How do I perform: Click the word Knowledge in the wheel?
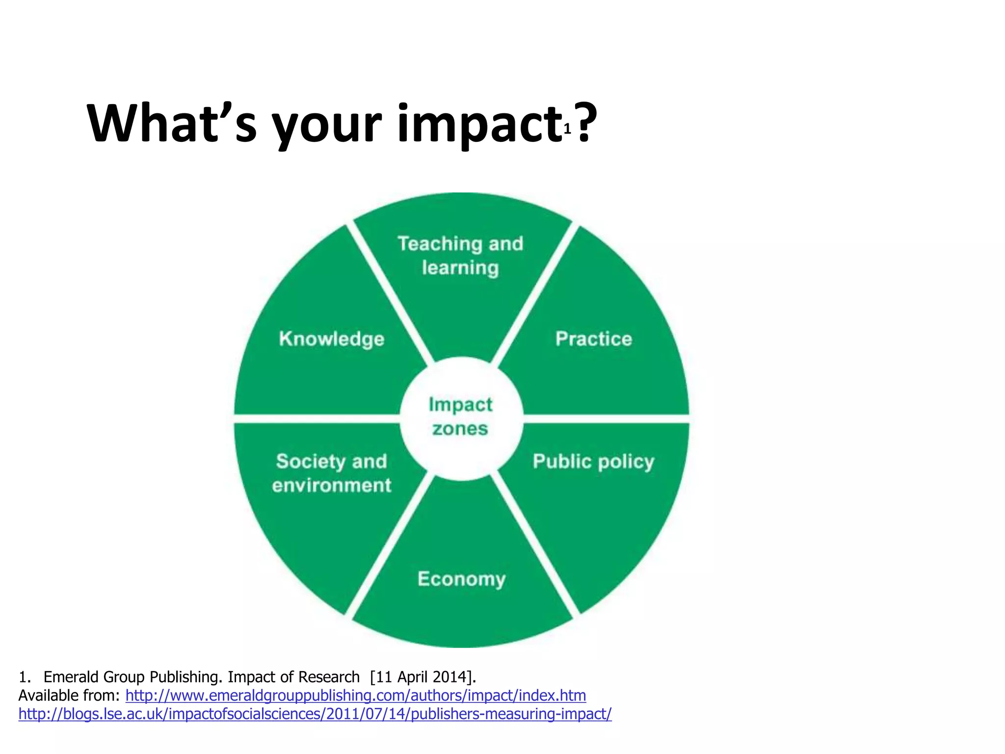click(x=332, y=339)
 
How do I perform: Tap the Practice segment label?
click(x=593, y=339)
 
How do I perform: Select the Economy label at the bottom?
click(x=461, y=579)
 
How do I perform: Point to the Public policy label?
click(x=593, y=462)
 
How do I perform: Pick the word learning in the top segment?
click(x=460, y=268)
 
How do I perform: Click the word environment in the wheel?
click(x=332, y=485)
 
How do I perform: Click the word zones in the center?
click(x=460, y=429)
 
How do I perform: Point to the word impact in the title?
click(x=479, y=124)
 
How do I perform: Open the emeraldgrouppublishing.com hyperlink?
click(x=356, y=696)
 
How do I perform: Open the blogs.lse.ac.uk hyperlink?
click(x=315, y=714)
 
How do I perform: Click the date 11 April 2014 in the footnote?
click(x=423, y=677)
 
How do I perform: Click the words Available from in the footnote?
click(x=69, y=696)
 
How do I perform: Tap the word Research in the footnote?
click(x=329, y=677)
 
